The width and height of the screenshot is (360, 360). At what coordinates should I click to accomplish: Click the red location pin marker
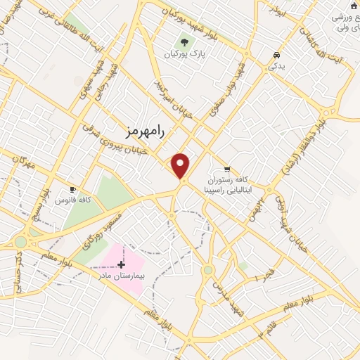tap(181, 166)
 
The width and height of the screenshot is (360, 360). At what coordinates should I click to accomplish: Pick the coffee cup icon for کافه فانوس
tap(72, 189)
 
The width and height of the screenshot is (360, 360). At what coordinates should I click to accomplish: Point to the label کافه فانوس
tap(72, 200)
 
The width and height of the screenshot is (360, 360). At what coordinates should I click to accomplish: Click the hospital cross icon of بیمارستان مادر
tap(121, 265)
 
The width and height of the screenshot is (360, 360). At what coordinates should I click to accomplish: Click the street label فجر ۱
tap(263, 276)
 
